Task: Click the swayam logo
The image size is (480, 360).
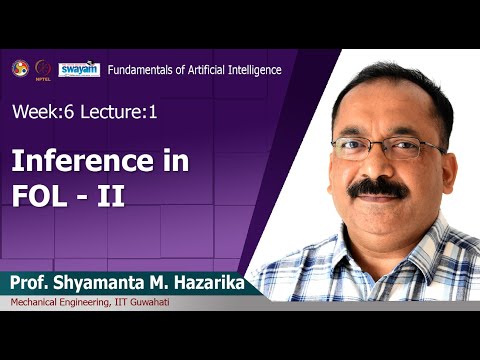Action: (79, 69)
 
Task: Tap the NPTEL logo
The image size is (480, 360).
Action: (43, 69)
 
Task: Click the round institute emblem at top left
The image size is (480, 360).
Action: (20, 68)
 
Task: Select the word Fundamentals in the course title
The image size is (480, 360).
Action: (141, 70)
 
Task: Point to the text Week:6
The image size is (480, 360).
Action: (39, 113)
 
